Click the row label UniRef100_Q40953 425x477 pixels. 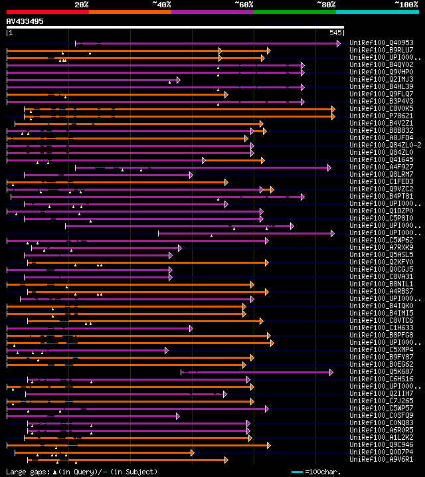point(382,43)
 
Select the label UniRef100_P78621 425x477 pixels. point(382,116)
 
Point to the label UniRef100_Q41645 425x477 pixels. point(382,160)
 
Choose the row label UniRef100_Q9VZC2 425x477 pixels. point(382,189)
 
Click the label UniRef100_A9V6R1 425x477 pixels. point(382,459)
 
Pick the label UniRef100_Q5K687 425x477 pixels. point(382,372)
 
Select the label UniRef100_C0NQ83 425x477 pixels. point(382,423)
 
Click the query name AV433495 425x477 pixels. point(25,21)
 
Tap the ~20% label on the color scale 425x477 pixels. point(82,5)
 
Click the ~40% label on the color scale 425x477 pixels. point(161,5)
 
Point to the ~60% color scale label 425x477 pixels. point(244,5)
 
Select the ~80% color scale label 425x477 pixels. point(326,5)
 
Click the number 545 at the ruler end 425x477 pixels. point(335,32)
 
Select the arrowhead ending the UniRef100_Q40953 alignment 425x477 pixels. point(339,43)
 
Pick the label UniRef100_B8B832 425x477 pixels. point(382,131)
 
